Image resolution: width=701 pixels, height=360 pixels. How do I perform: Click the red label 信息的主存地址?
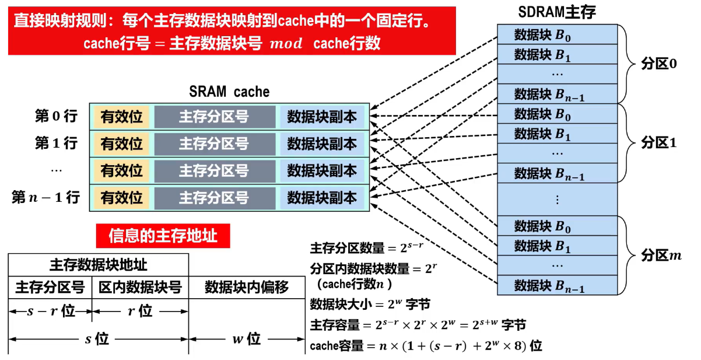(x=163, y=236)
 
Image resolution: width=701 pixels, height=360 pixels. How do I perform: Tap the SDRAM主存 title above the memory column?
(x=557, y=12)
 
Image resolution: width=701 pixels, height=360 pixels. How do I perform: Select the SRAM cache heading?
(x=229, y=92)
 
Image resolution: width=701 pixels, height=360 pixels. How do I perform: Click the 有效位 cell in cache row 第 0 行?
(x=121, y=117)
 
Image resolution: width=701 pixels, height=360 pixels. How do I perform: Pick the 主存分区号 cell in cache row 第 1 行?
(x=214, y=144)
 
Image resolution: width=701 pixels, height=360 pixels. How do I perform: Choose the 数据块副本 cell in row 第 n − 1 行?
(x=322, y=198)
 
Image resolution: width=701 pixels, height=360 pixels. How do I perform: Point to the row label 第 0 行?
(x=56, y=116)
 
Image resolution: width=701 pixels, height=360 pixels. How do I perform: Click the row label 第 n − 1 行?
(x=45, y=197)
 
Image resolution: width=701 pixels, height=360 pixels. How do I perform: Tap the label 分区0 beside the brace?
(x=659, y=64)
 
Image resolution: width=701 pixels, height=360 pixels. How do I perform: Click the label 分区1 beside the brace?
(x=659, y=142)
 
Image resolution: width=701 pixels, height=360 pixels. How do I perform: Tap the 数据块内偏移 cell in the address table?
(x=247, y=287)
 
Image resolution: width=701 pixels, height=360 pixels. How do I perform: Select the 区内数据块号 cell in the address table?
(x=140, y=287)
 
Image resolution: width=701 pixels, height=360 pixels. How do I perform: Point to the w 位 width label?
(x=246, y=339)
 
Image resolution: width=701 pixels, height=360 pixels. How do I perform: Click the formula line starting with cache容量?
(x=426, y=346)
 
